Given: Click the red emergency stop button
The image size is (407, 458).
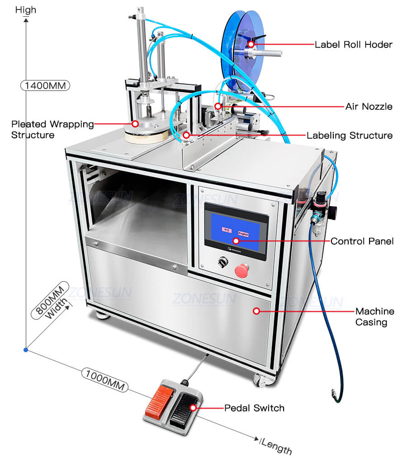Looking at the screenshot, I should pos(241,270).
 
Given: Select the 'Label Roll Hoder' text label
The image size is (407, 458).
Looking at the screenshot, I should pos(353,44).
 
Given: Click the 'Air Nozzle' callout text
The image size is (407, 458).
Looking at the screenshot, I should pos(369,107).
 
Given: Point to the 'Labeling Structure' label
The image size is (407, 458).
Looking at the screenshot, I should pos(349,135).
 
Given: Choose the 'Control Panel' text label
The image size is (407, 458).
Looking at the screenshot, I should pos(362,241).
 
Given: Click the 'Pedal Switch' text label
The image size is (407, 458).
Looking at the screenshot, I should pos(254,408).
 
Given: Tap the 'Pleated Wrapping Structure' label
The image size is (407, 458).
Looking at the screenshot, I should pos(52,129).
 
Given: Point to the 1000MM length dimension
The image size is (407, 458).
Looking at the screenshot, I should pos(104,379).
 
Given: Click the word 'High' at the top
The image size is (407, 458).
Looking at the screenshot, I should pos(26,9).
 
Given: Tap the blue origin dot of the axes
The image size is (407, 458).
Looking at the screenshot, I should pos(26,349).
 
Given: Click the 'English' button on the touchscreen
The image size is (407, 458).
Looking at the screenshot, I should pos(243,230).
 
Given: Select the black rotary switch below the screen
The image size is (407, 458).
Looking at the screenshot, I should pos(222,261).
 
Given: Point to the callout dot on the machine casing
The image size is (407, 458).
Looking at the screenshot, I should pos(256,311).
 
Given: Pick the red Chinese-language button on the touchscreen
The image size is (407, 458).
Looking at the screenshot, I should pos(225,229).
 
